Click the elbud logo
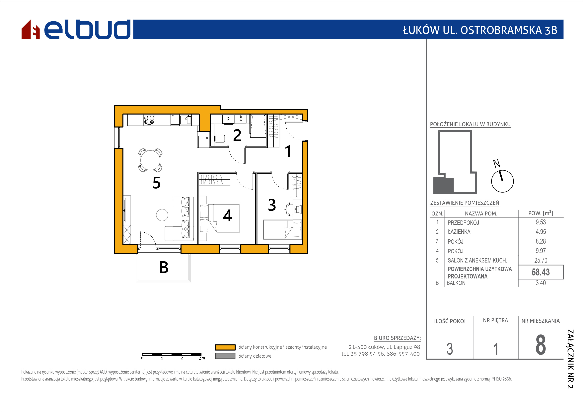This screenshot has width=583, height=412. point(76,29)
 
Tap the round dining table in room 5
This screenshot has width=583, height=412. point(150,160)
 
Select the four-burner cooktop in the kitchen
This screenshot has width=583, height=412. point(149,120)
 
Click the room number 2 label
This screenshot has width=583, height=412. point(237,136)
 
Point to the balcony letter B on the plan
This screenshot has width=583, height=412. point(164,267)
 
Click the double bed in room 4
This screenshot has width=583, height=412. point(219,218)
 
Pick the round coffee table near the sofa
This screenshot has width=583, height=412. point(162,215)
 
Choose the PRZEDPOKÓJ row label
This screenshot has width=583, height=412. point(463,223)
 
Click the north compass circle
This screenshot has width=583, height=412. point(502,181)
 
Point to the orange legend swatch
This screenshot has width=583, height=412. point(225,347)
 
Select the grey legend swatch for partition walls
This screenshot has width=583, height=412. point(225,356)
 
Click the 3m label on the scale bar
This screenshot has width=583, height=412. point(202,358)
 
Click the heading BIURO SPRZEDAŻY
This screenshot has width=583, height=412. point(397,338)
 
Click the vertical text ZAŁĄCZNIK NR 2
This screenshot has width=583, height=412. point(570,359)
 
